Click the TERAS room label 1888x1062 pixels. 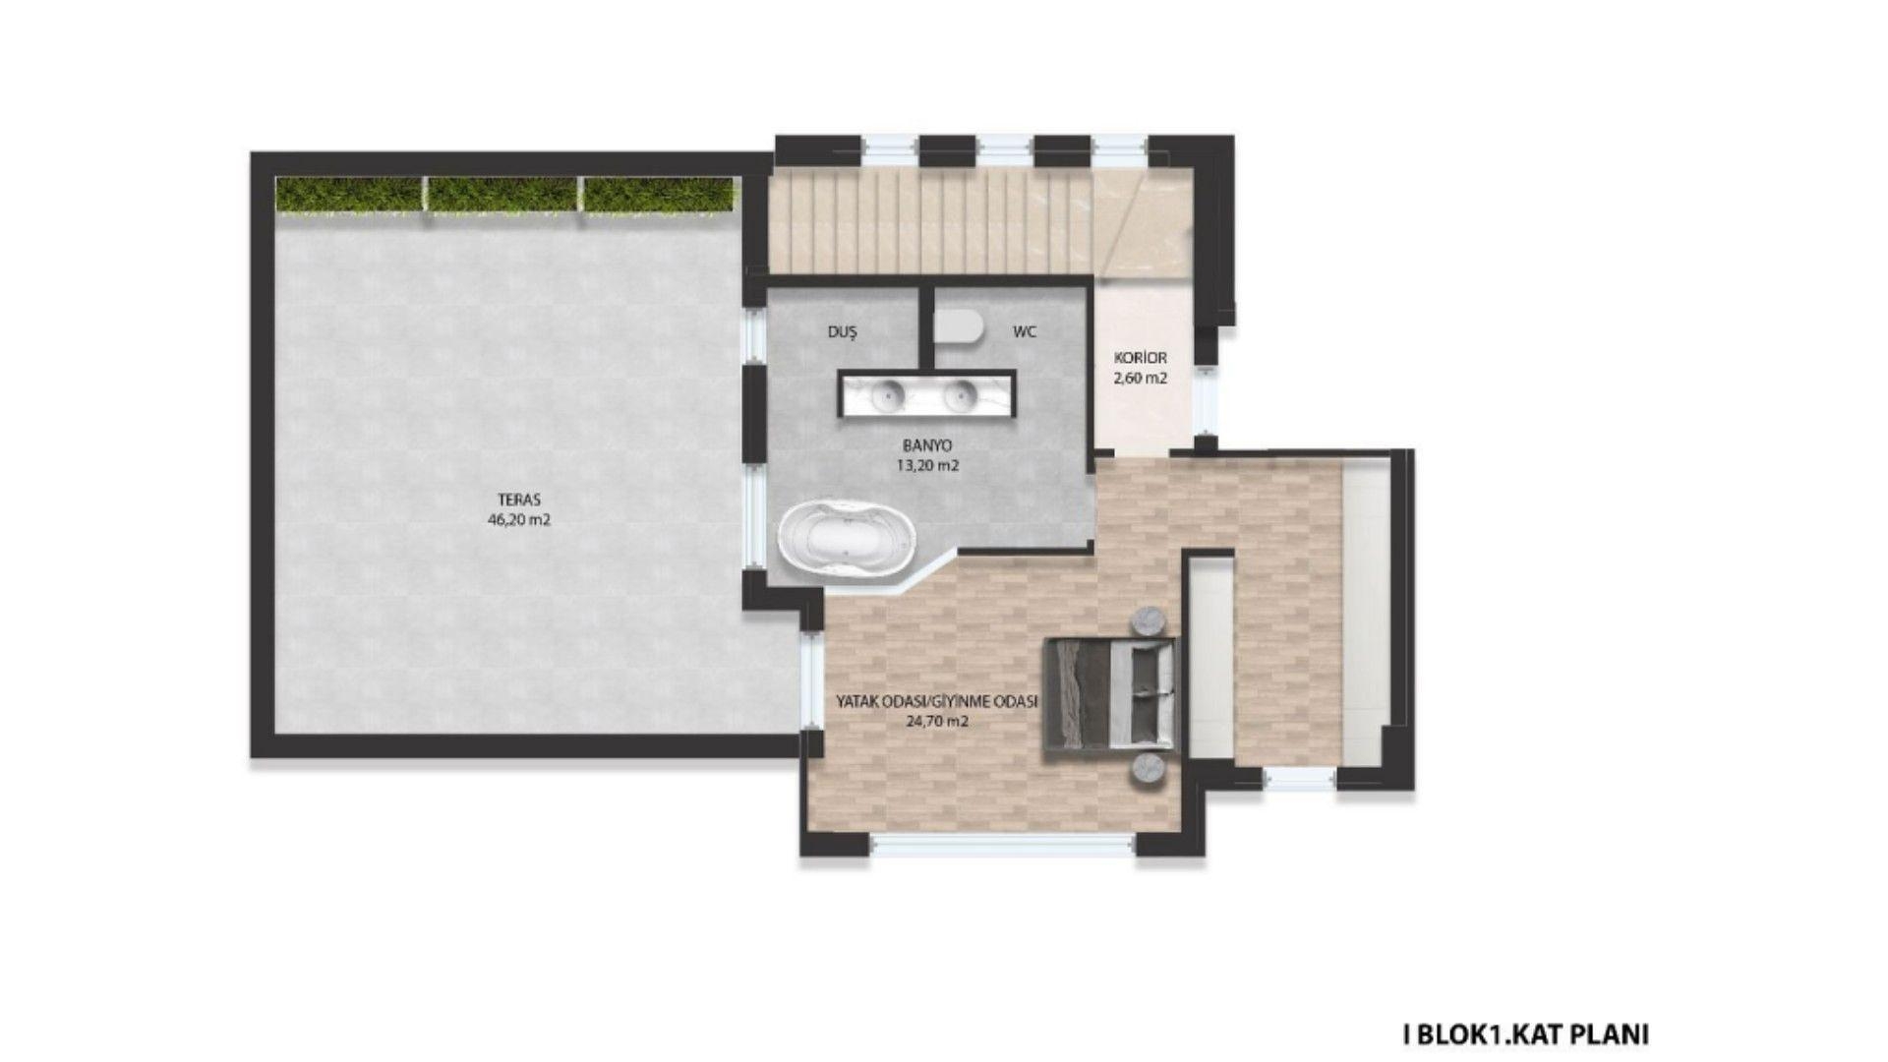(519, 500)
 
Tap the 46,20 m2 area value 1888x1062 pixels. (519, 520)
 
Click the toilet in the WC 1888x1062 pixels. (958, 325)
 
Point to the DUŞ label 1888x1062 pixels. (842, 332)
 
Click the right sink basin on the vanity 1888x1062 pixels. (958, 395)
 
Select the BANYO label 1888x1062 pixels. (927, 446)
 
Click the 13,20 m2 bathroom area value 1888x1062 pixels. (927, 466)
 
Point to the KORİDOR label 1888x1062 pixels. (1141, 358)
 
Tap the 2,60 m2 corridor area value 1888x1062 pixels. (1141, 378)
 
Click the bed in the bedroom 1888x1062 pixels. (1109, 698)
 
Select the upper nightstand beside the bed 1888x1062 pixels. (1149, 621)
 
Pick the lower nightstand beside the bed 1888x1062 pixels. (1149, 770)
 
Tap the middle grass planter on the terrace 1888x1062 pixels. (502, 194)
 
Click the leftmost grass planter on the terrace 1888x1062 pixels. (349, 194)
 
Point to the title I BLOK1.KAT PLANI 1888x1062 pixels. (1525, 1034)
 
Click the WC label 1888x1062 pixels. (1025, 332)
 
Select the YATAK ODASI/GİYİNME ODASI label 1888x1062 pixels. (937, 701)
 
